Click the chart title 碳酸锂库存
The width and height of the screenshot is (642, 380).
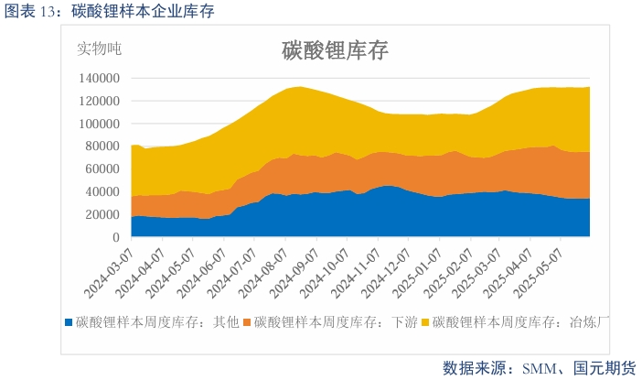(334, 51)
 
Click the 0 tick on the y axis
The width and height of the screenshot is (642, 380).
(117, 237)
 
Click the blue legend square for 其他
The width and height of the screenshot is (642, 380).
(70, 322)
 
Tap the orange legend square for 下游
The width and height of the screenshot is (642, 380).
(247, 322)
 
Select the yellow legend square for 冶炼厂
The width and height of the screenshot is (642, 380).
(424, 322)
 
